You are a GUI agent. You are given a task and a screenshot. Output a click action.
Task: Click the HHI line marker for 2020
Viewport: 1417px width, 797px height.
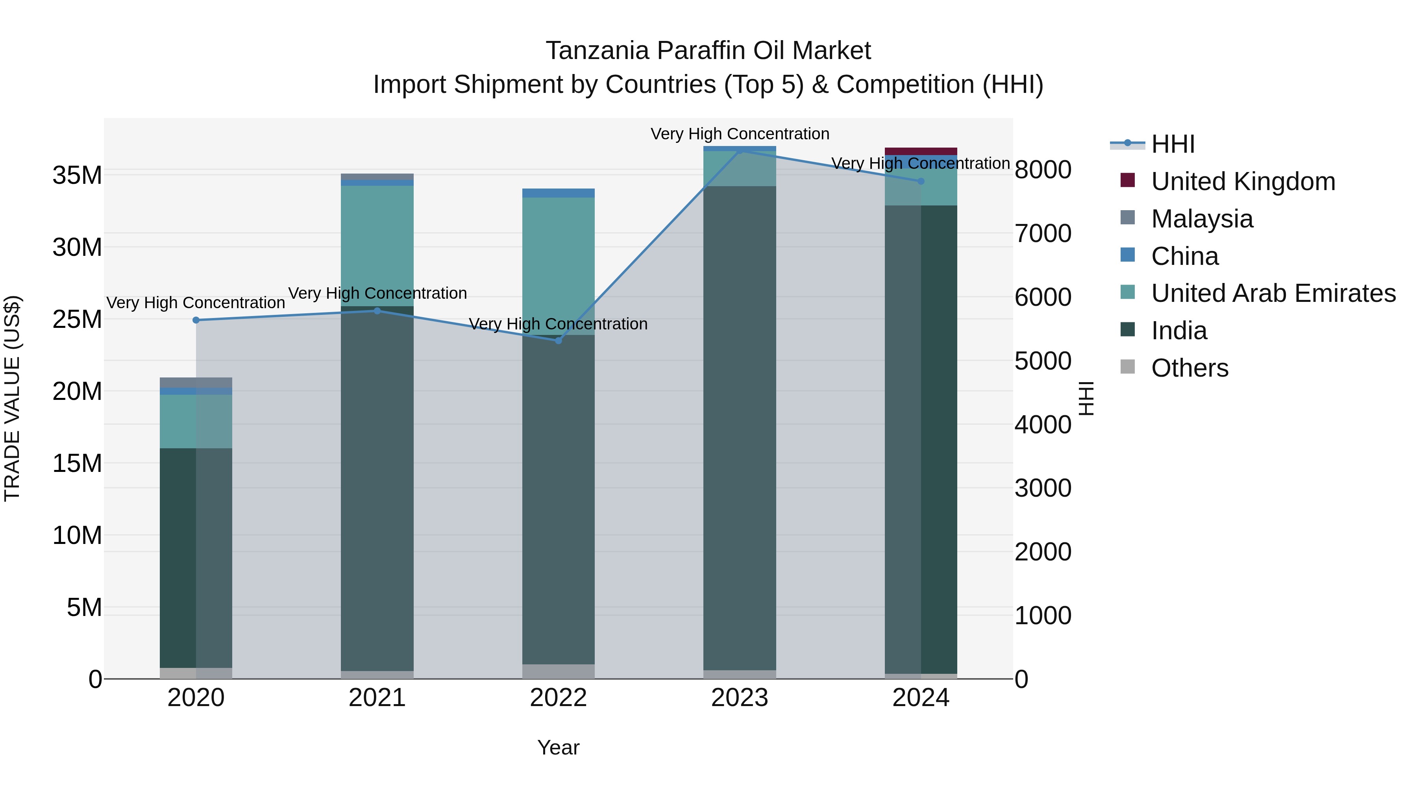tap(196, 320)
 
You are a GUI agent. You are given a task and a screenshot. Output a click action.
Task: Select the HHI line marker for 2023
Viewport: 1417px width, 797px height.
tap(740, 150)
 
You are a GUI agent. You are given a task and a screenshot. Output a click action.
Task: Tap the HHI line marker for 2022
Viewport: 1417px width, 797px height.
tap(558, 340)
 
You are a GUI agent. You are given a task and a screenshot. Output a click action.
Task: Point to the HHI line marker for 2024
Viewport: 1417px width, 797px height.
tap(921, 181)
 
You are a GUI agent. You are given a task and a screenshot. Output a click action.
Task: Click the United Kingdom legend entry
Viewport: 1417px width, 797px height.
tap(1243, 181)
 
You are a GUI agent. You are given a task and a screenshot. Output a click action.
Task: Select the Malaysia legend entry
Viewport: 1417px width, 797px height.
tap(1202, 219)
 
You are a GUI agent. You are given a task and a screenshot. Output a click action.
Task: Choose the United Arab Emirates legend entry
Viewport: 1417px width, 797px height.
tap(1273, 293)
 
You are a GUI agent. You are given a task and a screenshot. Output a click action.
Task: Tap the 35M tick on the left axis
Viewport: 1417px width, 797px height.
tap(77, 176)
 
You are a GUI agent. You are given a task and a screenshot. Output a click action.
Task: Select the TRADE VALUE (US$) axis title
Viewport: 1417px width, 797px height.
tap(13, 398)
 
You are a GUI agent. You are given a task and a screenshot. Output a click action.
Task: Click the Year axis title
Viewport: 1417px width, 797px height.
tap(558, 747)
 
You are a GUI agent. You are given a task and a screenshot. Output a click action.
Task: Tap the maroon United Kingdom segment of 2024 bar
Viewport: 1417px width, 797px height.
tap(921, 151)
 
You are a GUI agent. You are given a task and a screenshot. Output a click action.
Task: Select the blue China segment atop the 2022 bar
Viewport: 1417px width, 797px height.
tap(558, 192)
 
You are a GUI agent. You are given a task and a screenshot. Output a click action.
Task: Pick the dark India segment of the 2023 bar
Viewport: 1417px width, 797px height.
tap(740, 429)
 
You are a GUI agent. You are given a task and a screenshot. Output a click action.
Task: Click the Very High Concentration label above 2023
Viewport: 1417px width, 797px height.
tap(740, 134)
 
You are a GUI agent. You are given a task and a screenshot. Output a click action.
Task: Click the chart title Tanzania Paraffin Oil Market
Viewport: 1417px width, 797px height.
tap(708, 51)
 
